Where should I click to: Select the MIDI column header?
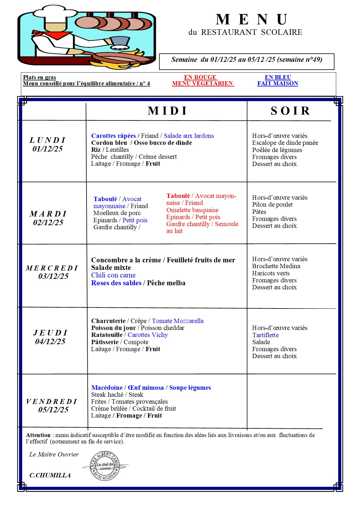(168, 111)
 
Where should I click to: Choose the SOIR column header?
(290, 111)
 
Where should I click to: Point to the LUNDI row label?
(48, 140)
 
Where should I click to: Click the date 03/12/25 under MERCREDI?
(53, 276)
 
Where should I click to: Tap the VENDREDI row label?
(52, 402)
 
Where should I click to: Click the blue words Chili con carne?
(113, 275)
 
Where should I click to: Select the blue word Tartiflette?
(265, 335)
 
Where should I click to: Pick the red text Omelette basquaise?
(192, 210)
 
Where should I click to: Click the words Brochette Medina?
(276, 266)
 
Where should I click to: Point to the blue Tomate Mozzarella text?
(178, 321)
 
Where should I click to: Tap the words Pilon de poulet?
(272, 205)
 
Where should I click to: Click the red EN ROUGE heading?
(200, 77)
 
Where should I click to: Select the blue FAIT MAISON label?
(278, 84)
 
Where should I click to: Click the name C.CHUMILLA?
(50, 475)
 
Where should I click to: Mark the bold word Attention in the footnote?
(38, 435)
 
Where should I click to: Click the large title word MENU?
(252, 20)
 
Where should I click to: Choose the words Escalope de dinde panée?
(285, 143)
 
